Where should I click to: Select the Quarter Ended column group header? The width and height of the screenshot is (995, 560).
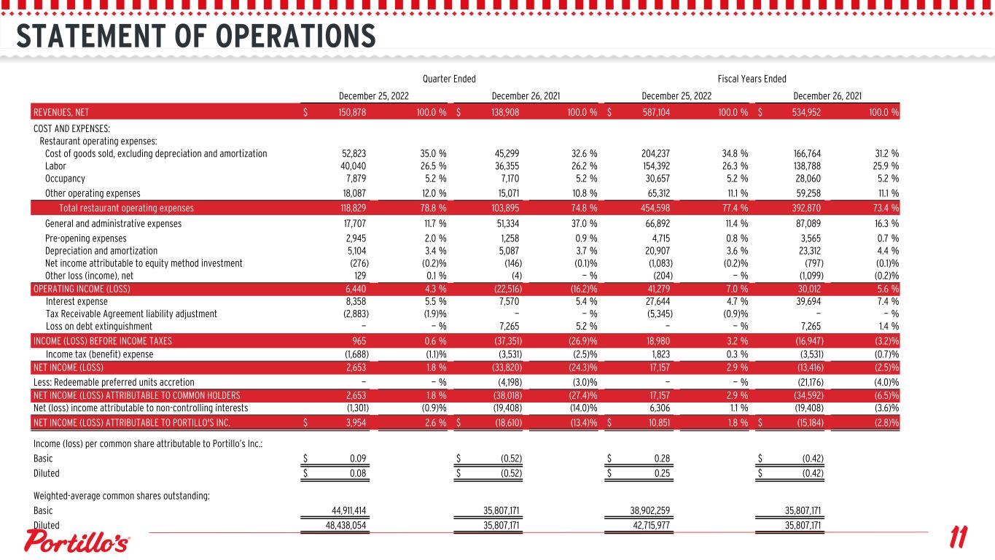coord(449,79)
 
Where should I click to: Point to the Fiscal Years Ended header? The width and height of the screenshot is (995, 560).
coord(752,79)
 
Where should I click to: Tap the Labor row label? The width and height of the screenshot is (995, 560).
coord(56,166)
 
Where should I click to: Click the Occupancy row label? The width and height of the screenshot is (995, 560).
coord(65,178)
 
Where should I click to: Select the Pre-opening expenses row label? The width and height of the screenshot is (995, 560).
coord(86,238)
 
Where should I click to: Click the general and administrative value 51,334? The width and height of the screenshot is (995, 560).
coord(506,224)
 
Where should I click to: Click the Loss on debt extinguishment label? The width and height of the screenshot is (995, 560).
coord(99,326)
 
